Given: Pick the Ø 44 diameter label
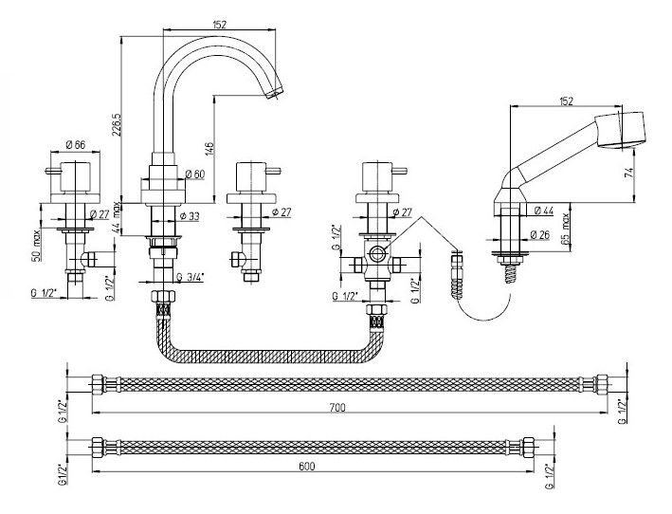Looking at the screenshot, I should [x=544, y=210].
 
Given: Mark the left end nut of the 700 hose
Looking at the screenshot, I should [x=98, y=384].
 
